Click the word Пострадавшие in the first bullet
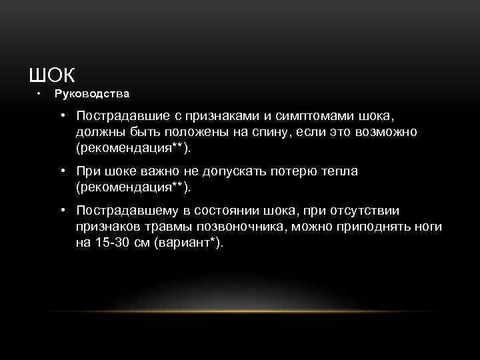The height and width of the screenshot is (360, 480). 119,116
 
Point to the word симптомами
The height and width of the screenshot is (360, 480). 304,116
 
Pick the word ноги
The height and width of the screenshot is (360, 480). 427,227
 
